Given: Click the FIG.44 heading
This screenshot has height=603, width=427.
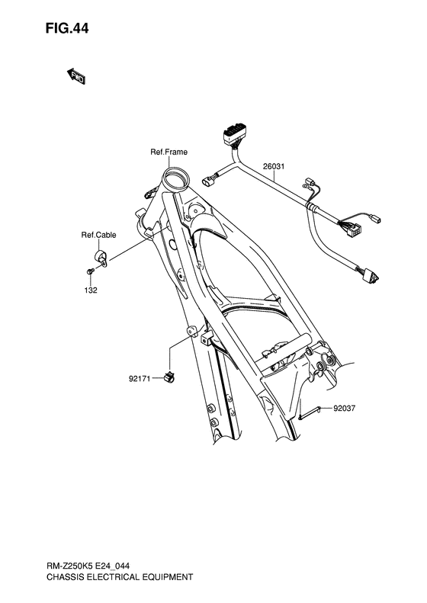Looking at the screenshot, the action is coord(67,28).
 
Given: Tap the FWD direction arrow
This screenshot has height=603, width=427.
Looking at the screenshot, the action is coord(76,76).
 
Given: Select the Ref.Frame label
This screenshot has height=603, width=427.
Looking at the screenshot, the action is coord(169,152).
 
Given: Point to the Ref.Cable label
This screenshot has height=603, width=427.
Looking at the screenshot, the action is coord(98,235).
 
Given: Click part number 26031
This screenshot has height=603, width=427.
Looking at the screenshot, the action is coord(274,166).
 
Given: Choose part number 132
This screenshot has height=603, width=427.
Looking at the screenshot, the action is coord(91,290).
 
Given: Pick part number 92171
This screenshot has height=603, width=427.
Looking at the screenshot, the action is coord(140,379).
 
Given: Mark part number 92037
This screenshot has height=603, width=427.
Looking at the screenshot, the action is coord(345,409).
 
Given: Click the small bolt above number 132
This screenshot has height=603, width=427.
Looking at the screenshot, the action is coord(90,271).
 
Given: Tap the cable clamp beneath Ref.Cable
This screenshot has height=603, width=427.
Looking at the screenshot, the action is coord(101,257).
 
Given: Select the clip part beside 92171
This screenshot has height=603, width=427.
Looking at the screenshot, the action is coord(169,377).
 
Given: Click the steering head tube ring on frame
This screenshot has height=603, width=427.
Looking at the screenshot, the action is coord(176,178).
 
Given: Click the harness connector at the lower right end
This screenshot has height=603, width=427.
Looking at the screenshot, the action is coord(370,275).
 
